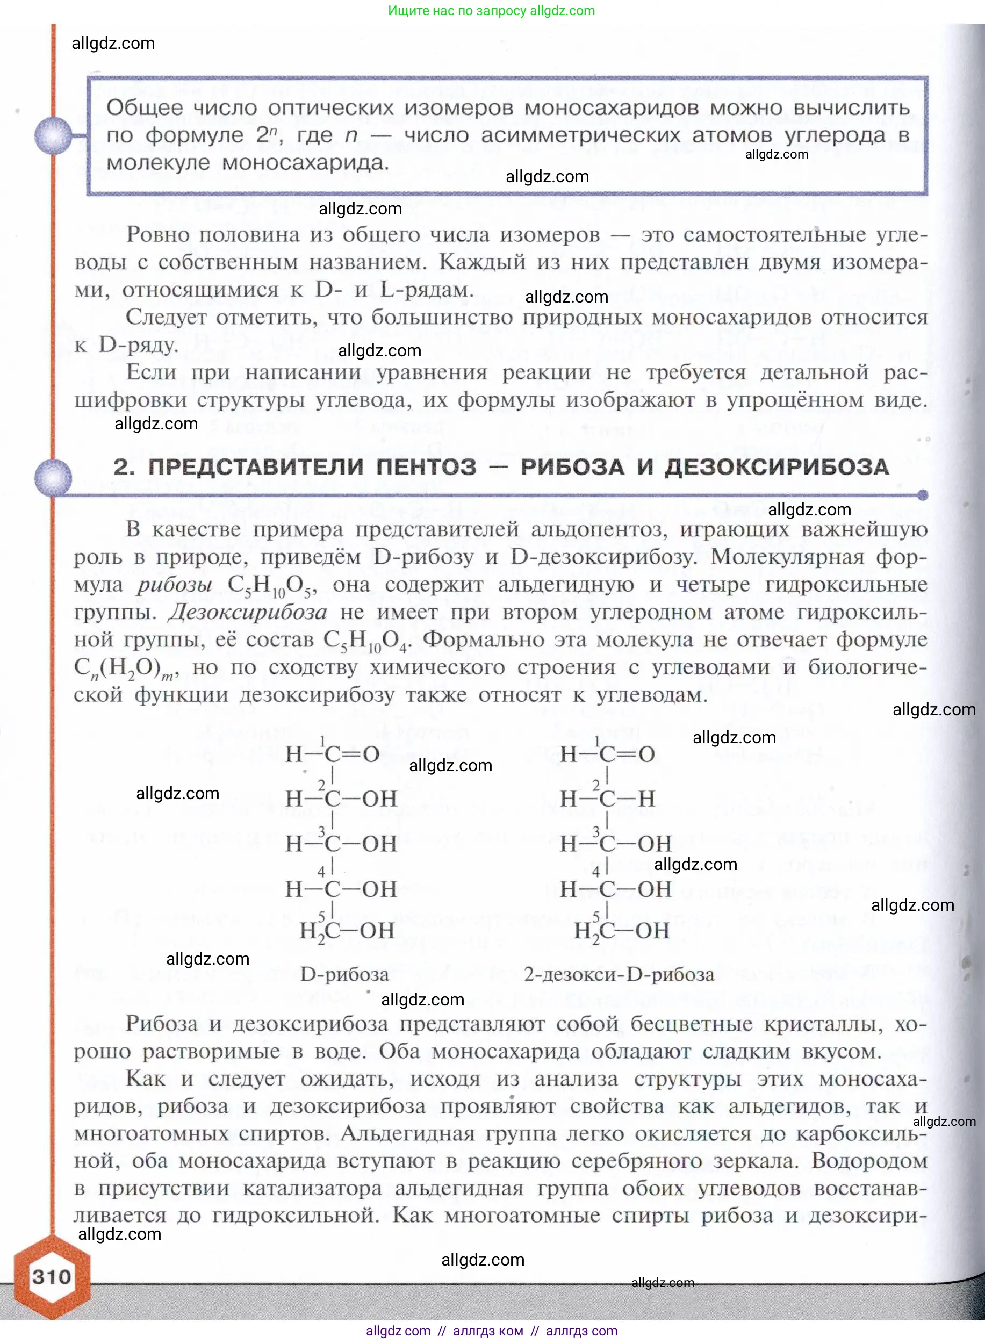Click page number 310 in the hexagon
coord(52,1277)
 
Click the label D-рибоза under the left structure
coord(344,974)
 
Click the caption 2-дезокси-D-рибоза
coord(619,974)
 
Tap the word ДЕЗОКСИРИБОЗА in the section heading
coord(777,467)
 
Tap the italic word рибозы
coord(174,585)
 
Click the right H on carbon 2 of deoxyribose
coord(646,799)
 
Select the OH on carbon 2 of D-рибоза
coord(379,799)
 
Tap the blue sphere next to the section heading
coord(53,478)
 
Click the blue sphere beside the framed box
coord(53,135)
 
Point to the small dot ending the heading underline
coord(923,495)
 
